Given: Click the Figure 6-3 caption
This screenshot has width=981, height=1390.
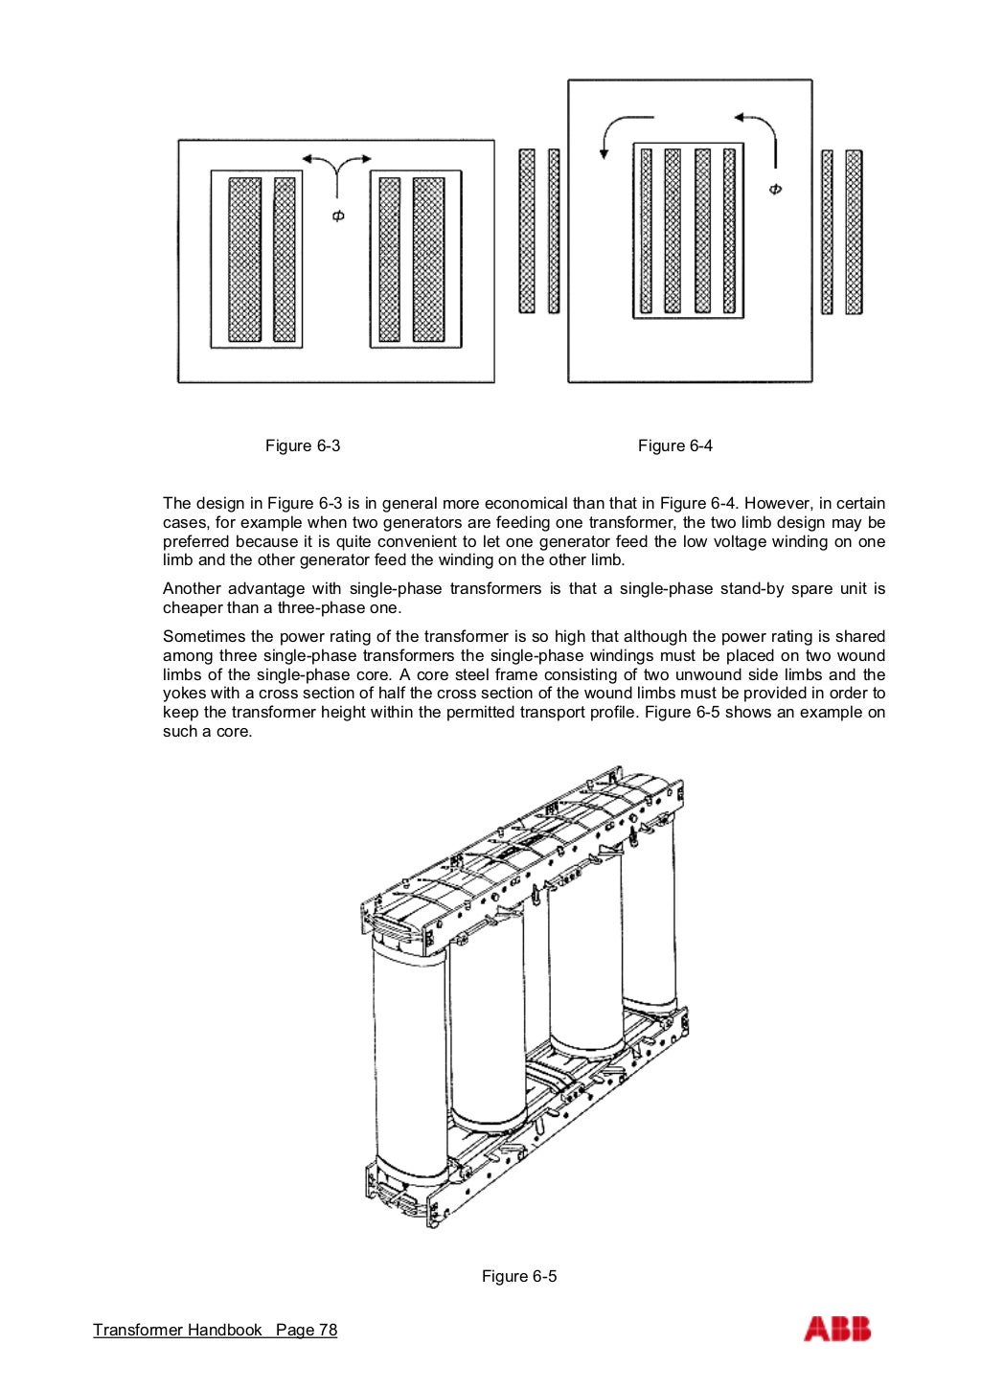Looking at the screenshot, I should point(303,445).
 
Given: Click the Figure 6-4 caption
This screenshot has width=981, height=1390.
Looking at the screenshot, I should point(675,445).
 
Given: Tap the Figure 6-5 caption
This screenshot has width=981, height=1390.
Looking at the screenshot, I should point(519,1276).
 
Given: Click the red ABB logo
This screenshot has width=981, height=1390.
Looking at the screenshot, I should point(837,1329).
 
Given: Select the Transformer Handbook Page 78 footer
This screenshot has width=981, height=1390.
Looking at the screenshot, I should point(216,1330).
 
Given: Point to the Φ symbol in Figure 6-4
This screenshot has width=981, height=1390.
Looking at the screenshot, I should point(775,189).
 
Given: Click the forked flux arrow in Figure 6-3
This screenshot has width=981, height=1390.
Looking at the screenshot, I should point(336,169).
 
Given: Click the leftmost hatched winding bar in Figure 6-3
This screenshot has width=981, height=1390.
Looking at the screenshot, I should point(244,260).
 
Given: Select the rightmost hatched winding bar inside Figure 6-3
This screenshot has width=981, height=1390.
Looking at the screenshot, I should point(428,260).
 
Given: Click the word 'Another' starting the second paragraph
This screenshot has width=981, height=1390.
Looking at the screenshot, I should point(191,589).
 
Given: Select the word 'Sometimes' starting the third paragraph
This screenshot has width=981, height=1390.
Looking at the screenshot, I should point(197,637).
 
